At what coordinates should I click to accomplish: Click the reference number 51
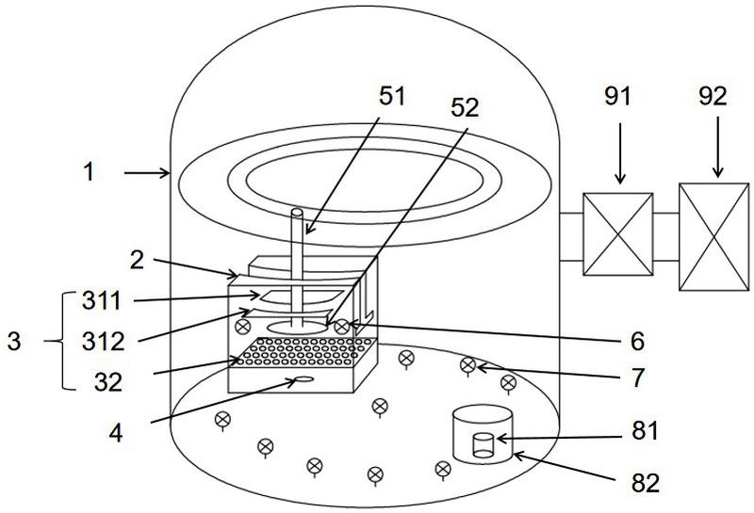pos(392,96)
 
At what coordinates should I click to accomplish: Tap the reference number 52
pos(465,108)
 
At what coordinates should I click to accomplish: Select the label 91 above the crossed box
pos(617,96)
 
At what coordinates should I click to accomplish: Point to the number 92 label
pos(713,96)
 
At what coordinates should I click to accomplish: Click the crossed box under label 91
pos(618,234)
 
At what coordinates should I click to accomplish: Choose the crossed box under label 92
pos(714,236)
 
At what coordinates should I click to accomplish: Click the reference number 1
pos(89,172)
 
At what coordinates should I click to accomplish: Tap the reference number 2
pos(137,260)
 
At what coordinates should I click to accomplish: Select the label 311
pos(102,301)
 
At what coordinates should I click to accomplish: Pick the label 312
pos(104,342)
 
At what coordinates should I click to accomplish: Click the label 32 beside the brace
pos(108,383)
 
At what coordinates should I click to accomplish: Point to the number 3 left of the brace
pos(14,342)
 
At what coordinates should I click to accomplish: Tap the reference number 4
pos(115,433)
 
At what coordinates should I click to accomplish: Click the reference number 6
pos(637,342)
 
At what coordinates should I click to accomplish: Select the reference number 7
pos(637,378)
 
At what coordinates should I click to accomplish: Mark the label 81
pos(645,431)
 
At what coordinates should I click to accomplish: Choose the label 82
pos(646,483)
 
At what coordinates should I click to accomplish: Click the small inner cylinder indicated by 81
pos(484,445)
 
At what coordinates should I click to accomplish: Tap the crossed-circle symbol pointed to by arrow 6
pos(341,328)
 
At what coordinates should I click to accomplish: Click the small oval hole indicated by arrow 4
pos(304,379)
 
